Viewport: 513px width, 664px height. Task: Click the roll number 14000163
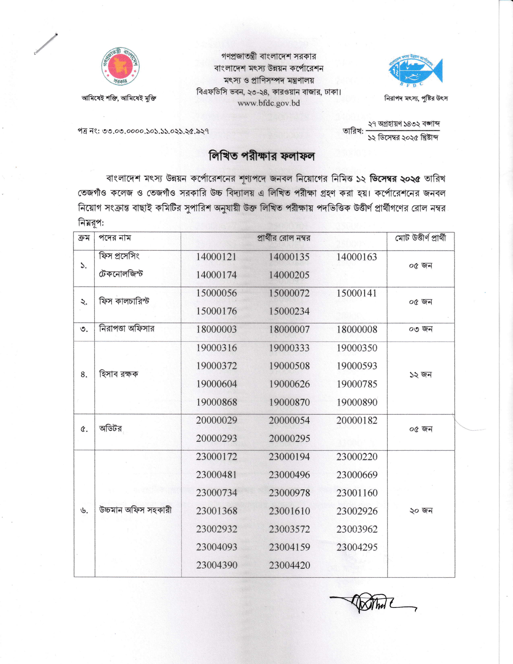pos(357,257)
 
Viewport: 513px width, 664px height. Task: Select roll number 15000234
pos(289,311)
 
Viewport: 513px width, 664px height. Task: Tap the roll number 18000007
pos(289,329)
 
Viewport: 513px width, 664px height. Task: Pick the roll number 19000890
pos(357,402)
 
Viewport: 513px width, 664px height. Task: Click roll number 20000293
pos(216,439)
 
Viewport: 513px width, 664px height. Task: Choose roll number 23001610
pos(289,511)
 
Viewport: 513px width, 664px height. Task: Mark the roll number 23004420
pos(289,565)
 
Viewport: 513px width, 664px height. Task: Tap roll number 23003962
pos(357,529)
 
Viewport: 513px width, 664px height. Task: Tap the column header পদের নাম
pos(115,238)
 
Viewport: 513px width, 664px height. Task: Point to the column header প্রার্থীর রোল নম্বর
pos(283,238)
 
